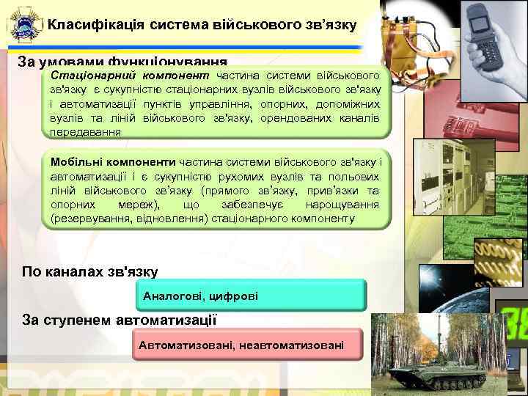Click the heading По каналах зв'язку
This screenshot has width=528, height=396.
click(89, 271)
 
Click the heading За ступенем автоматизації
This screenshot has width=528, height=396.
click(120, 319)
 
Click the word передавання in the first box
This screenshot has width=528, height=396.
click(85, 131)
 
